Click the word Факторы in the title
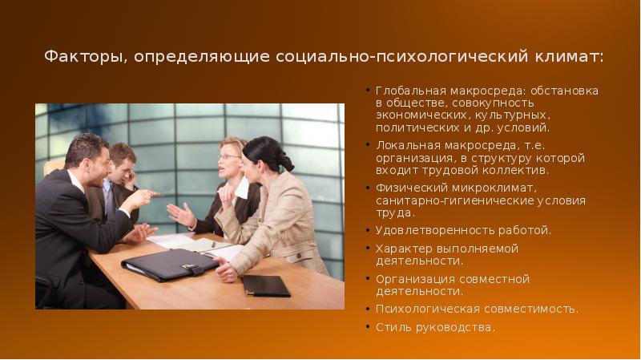84,58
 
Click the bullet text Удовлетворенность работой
463,231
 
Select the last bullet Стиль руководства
435,327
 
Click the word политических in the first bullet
413,127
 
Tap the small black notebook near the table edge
265,285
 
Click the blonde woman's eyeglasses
228,157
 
